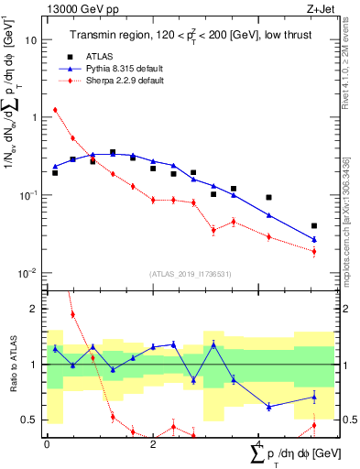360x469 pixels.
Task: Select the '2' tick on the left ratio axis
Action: pos(36,310)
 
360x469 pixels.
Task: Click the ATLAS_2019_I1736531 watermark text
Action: pos(191,273)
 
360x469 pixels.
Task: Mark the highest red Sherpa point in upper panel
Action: pos(55,110)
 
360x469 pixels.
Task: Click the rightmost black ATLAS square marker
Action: pos(314,225)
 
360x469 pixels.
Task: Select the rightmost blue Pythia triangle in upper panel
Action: pos(314,239)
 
